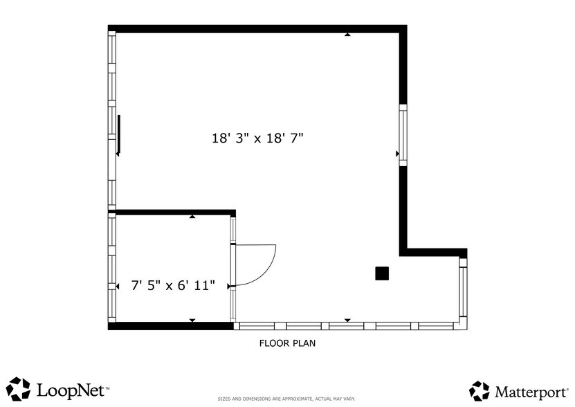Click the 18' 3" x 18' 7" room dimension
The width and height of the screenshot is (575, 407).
click(257, 138)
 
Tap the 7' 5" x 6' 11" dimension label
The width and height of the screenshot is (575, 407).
click(173, 284)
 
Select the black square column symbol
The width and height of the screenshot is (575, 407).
click(382, 273)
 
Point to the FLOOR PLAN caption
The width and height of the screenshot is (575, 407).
click(288, 343)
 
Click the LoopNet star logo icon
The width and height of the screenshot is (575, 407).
click(19, 389)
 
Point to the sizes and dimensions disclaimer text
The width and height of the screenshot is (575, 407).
click(286, 399)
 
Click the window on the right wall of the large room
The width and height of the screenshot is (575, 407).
click(403, 134)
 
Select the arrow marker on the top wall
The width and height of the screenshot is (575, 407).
click(347, 34)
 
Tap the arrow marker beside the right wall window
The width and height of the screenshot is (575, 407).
click(397, 154)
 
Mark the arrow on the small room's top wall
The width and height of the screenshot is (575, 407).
click(192, 217)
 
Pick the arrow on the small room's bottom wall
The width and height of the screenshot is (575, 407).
click(192, 320)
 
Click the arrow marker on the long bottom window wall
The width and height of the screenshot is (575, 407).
click(347, 320)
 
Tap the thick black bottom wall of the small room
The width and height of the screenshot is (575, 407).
click(170, 326)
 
